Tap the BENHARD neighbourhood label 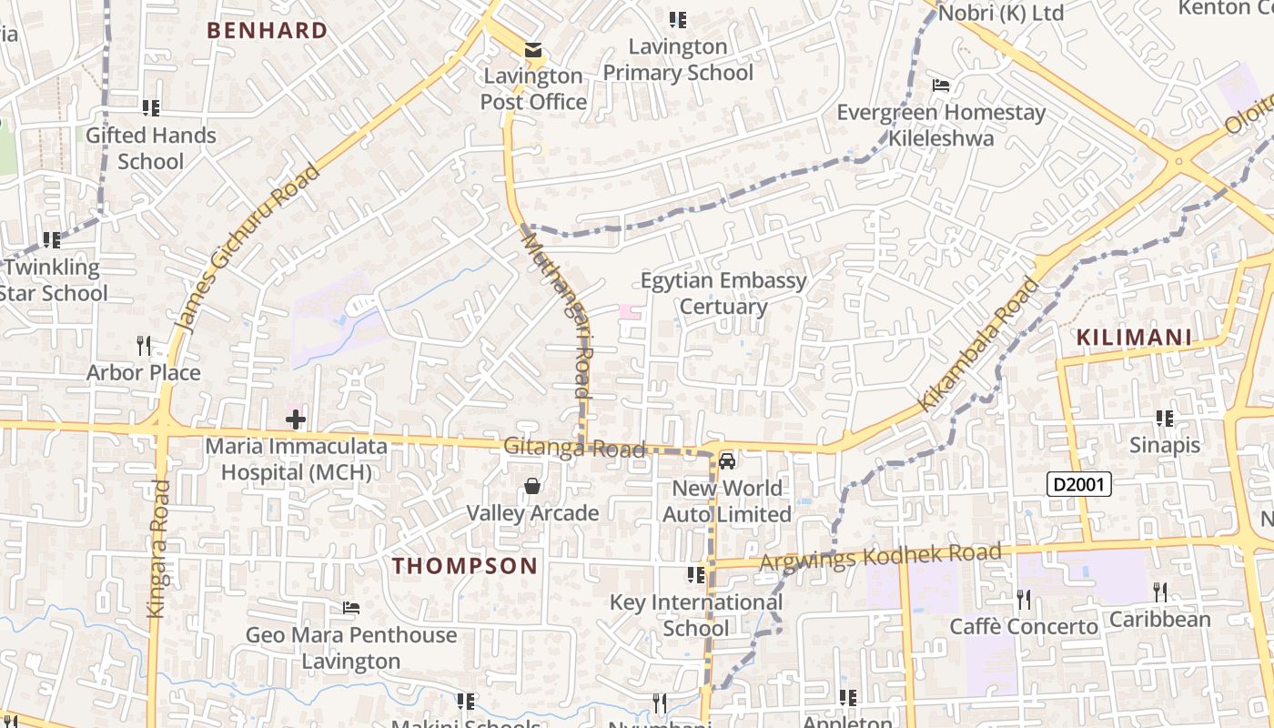pyautogui.click(x=267, y=30)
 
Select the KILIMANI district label pyautogui.click(x=1134, y=338)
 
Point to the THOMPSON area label pyautogui.click(x=465, y=565)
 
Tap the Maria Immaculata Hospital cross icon pyautogui.click(x=296, y=420)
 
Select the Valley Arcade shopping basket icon pyautogui.click(x=532, y=487)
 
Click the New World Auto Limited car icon pyautogui.click(x=727, y=461)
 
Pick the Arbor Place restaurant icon pyautogui.click(x=144, y=346)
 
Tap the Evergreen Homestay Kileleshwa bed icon pyautogui.click(x=942, y=86)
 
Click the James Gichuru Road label pyautogui.click(x=247, y=248)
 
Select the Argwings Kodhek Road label pyautogui.click(x=880, y=556)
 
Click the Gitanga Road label pyautogui.click(x=574, y=448)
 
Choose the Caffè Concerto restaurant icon pyautogui.click(x=1024, y=599)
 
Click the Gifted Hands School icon pyautogui.click(x=151, y=108)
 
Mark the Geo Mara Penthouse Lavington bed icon pyautogui.click(x=351, y=608)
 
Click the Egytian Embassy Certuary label pyautogui.click(x=723, y=293)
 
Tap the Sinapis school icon pyautogui.click(x=1165, y=419)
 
